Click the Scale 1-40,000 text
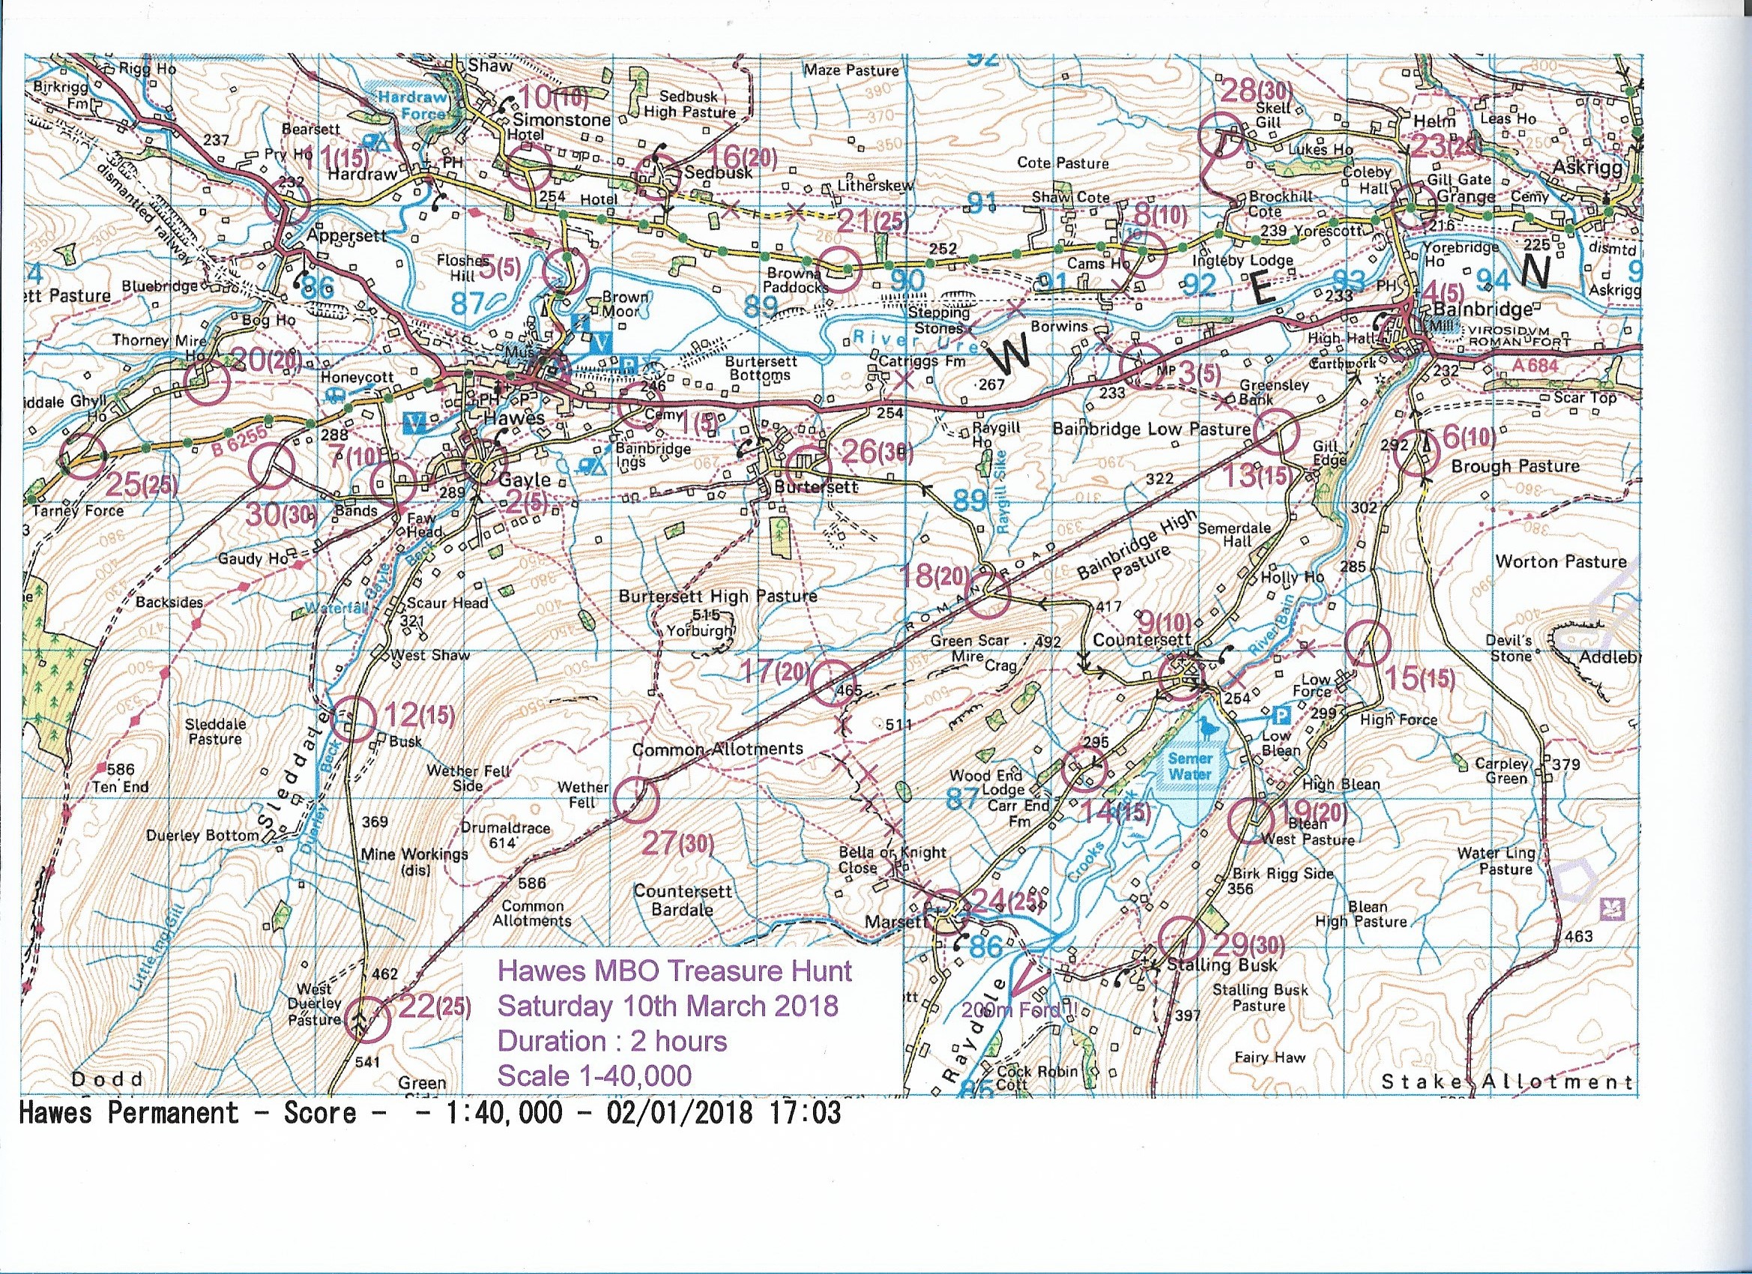tap(594, 1075)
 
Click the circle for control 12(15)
tap(351, 719)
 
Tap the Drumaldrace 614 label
tap(505, 834)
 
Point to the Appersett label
tap(346, 235)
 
